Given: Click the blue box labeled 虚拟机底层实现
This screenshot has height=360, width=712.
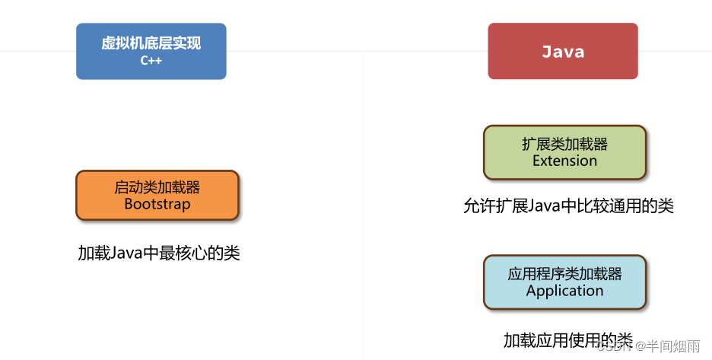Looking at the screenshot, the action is (151, 51).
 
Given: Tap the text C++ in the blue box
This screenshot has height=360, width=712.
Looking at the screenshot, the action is (151, 61).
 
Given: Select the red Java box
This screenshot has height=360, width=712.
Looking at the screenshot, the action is (563, 51).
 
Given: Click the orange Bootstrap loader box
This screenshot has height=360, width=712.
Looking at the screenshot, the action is (157, 196).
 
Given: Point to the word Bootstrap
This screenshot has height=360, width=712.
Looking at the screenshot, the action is (157, 204).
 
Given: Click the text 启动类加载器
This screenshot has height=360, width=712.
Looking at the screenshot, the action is (157, 187).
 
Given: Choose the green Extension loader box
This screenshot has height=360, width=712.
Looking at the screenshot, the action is (564, 152).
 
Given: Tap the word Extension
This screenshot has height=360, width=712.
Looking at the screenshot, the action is (564, 161).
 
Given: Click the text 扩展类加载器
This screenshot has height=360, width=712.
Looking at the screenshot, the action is (564, 144).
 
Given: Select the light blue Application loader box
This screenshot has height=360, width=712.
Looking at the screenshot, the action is (564, 282).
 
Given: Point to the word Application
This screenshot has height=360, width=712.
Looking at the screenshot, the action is (564, 291).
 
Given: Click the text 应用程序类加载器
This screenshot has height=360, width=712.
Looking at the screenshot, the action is (564, 274).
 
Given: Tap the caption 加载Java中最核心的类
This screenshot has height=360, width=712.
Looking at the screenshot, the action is (159, 253).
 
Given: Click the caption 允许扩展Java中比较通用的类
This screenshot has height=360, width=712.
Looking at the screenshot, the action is (568, 206).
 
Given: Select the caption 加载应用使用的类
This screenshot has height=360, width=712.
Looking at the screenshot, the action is (567, 339).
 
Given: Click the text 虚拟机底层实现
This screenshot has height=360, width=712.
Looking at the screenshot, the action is (151, 43).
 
